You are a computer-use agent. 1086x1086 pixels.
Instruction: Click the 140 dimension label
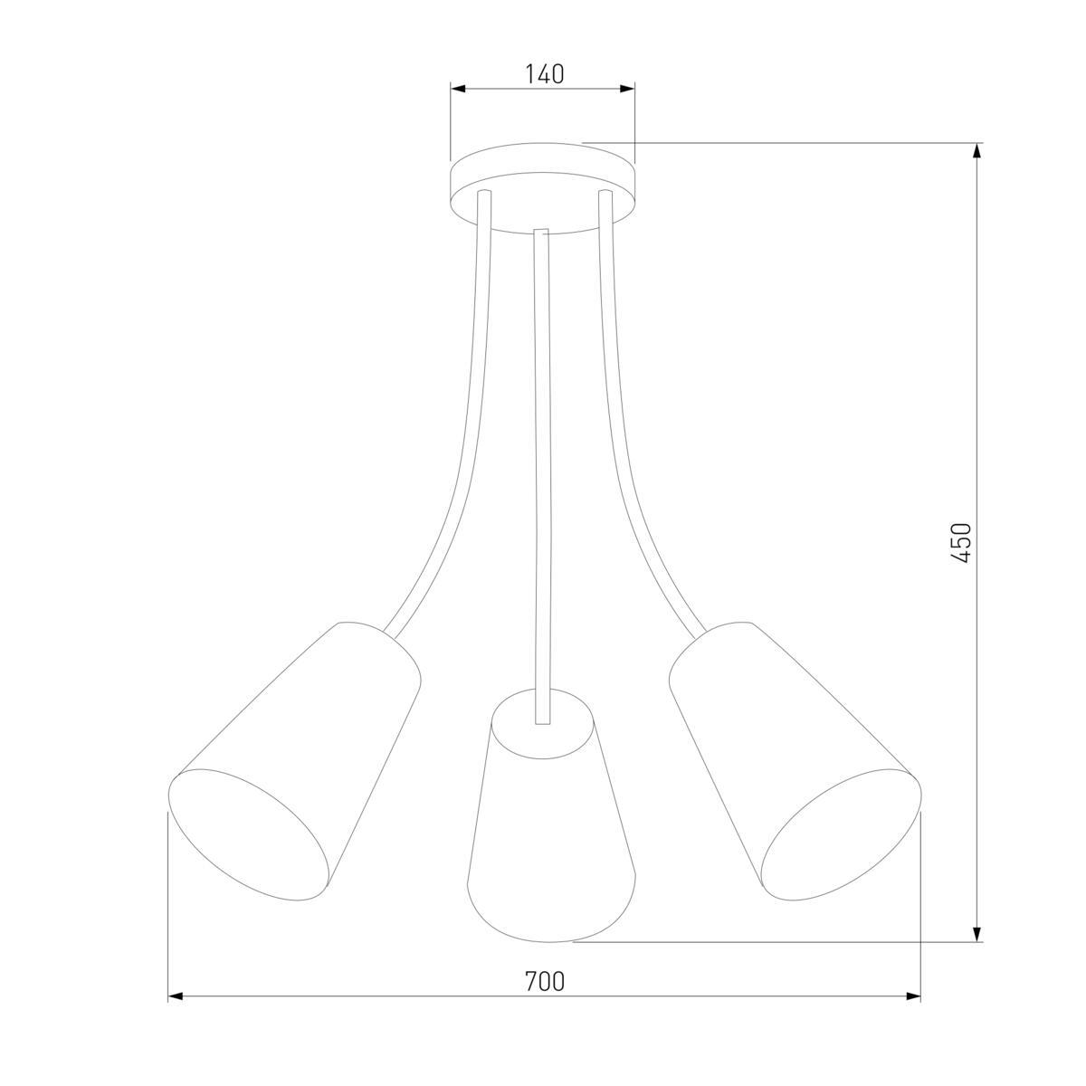tap(545, 74)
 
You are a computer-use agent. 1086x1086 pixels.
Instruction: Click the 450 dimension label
tap(961, 543)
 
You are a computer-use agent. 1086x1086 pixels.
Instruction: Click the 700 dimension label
tap(545, 982)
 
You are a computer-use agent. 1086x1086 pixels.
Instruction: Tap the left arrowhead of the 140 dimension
tap(458, 89)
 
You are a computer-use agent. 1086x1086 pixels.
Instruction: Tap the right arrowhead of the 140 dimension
tap(627, 89)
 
